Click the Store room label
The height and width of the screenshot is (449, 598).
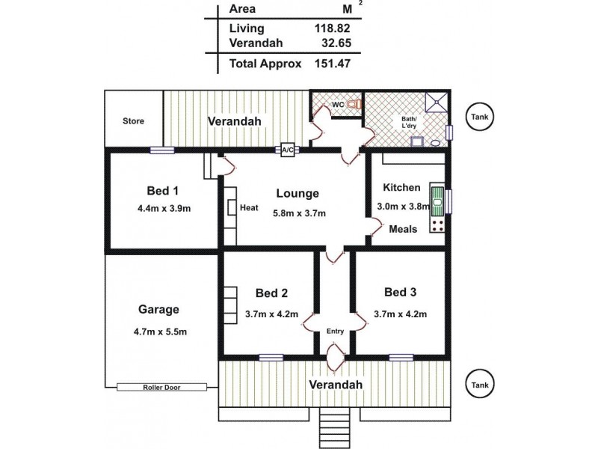[133, 121]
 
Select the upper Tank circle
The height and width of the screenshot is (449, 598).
[478, 117]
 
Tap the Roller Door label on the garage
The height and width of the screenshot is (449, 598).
[161, 387]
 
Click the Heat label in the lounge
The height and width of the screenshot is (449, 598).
[249, 208]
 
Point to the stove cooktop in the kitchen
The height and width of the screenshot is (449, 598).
[438, 223]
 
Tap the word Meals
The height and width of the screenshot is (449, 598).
[404, 229]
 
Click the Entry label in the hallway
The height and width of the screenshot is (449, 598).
[334, 331]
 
